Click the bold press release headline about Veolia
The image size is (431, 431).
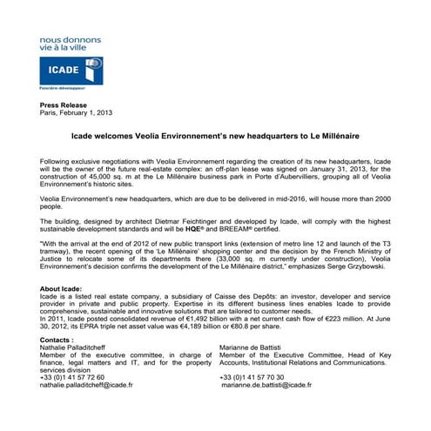coord(215,137)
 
